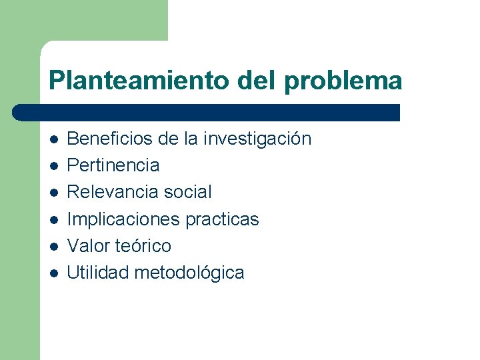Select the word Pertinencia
click(113, 165)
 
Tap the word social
click(188, 192)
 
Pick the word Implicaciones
click(120, 219)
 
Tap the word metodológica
click(189, 273)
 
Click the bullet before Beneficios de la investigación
click(53, 140)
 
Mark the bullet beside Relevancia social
click(53, 193)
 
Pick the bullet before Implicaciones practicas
click(53, 220)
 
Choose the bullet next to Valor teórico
click(53, 247)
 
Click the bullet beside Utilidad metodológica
click(53, 273)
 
